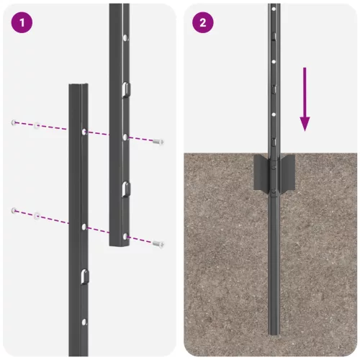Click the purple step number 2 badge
click(x=202, y=22)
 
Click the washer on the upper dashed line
click(x=36, y=126)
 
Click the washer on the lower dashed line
click(x=36, y=214)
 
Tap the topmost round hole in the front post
click(x=85, y=132)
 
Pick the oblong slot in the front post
click(x=84, y=276)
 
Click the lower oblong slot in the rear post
click(x=125, y=189)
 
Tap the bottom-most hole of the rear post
click(x=125, y=235)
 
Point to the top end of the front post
click(x=78, y=86)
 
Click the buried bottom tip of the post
click(x=272, y=333)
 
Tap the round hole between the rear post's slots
click(x=125, y=136)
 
